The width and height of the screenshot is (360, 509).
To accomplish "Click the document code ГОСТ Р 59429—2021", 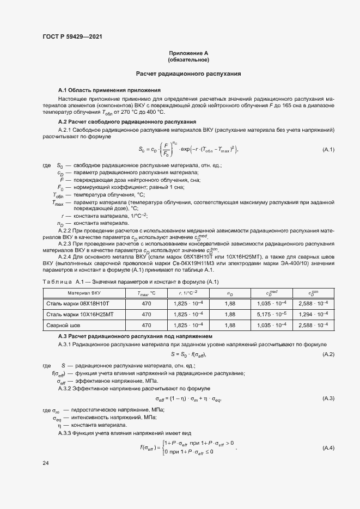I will (72, 36).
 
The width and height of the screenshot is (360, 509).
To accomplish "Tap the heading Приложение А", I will (188, 52).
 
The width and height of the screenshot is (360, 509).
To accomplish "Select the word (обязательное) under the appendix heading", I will (188, 59).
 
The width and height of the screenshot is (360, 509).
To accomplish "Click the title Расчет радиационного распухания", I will (188, 73).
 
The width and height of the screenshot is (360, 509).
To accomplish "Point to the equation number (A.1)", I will (328, 149).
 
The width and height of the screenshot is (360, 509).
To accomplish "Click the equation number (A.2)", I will (328, 354).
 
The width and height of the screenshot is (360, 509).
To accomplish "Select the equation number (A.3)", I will (328, 399).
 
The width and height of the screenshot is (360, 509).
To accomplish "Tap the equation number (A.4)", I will (328, 447).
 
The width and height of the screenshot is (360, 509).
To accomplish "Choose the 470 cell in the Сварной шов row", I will (147, 325).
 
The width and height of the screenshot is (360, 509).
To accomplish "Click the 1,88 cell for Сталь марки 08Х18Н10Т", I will (229, 303).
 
